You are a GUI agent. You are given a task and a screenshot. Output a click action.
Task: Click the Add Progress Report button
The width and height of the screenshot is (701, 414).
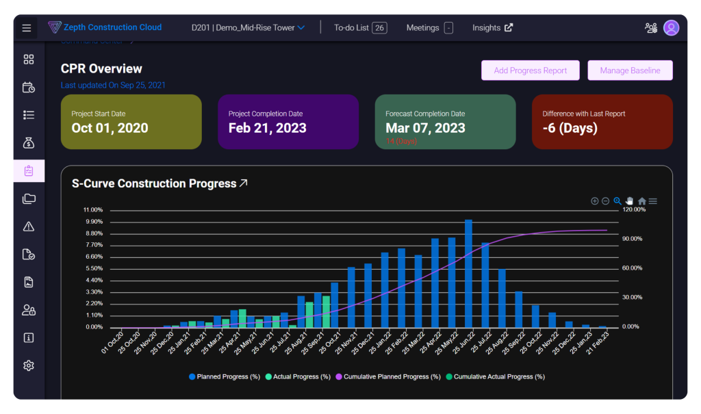530,70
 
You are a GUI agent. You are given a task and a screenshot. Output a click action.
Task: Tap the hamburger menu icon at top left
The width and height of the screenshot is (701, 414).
27,28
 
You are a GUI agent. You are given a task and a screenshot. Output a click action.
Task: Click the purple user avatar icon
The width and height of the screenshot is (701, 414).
671,28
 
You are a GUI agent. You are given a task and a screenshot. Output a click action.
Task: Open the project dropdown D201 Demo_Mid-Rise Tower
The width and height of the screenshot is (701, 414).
248,28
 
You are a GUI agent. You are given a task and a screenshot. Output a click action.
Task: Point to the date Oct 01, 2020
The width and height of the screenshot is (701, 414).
110,128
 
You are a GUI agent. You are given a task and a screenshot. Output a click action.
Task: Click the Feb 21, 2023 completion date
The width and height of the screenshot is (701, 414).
267,128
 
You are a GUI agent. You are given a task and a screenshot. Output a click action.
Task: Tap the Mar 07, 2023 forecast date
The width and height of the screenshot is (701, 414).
425,128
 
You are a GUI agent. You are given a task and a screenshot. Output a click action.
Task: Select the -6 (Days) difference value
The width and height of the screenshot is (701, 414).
570,128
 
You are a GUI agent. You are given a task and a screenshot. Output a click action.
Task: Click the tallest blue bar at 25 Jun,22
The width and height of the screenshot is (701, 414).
468,274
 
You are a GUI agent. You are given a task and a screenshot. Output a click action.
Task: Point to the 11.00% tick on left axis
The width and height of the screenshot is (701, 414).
92,209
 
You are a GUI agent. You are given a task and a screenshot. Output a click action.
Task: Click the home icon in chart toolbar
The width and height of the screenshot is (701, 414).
641,201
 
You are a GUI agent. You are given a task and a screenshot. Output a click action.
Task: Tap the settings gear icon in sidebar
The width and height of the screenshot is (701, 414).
29,365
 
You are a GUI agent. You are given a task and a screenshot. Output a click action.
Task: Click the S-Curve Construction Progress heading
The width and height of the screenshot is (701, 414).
154,183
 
